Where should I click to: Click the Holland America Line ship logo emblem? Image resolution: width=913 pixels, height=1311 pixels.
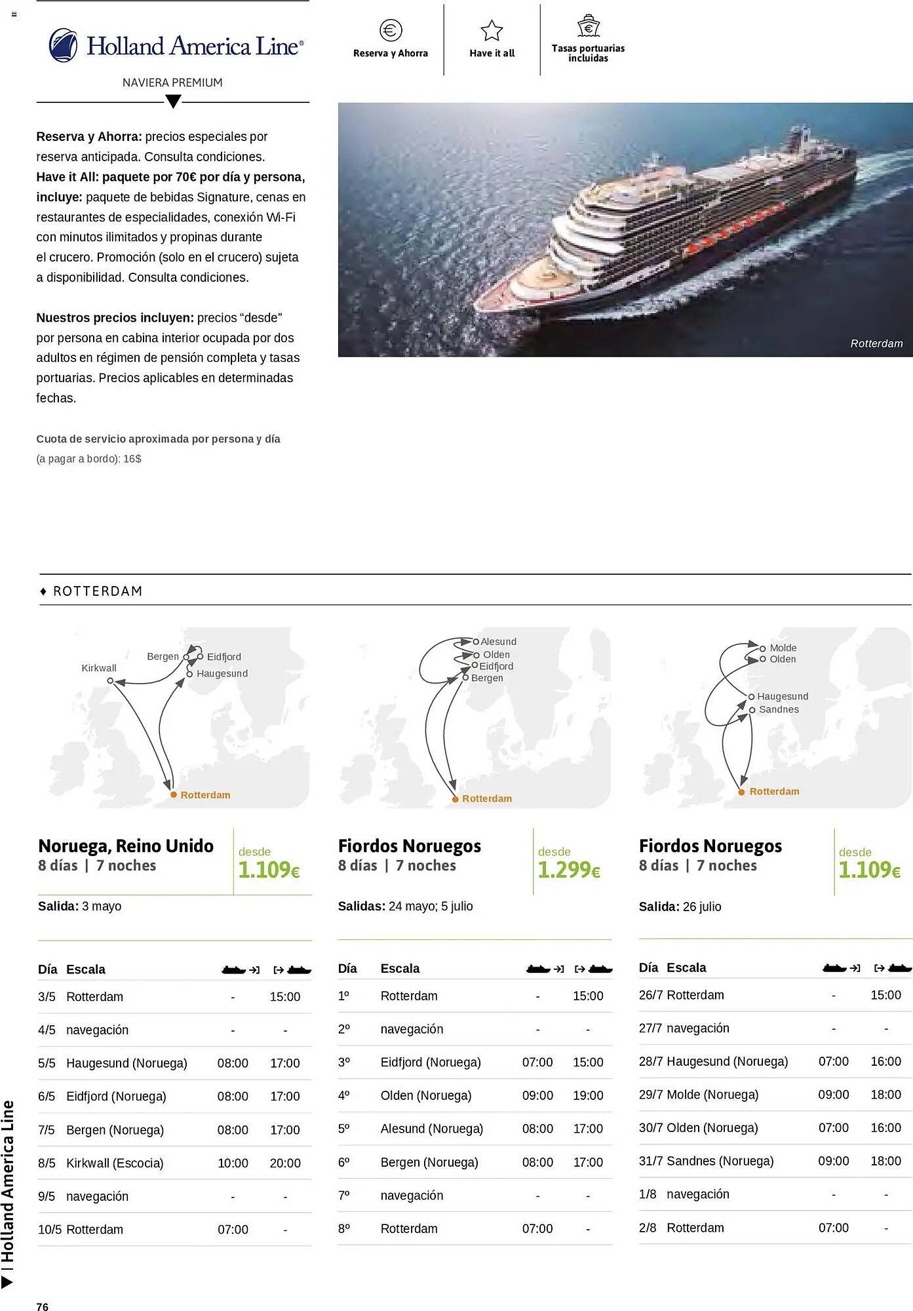pyautogui.click(x=64, y=45)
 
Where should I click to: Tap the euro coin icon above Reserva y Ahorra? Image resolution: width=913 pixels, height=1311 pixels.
pyautogui.click(x=391, y=30)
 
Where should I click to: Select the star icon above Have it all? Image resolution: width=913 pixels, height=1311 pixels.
pyautogui.click(x=492, y=30)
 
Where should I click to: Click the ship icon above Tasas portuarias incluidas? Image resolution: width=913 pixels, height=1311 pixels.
pyautogui.click(x=588, y=26)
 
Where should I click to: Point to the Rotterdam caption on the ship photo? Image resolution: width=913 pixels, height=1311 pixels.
pyautogui.click(x=876, y=343)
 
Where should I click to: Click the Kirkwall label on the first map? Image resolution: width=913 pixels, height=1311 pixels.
pyautogui.click(x=99, y=668)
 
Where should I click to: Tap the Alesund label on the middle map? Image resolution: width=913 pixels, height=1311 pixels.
pyautogui.click(x=498, y=642)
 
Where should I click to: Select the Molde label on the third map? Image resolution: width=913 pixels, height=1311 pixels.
pyautogui.click(x=783, y=648)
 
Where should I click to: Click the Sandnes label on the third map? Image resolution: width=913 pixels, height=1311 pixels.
pyautogui.click(x=779, y=709)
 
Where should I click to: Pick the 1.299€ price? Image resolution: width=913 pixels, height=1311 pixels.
pyautogui.click(x=568, y=870)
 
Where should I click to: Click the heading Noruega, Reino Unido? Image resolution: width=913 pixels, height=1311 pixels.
pyautogui.click(x=126, y=846)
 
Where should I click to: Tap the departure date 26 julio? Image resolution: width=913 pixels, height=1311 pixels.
pyautogui.click(x=701, y=907)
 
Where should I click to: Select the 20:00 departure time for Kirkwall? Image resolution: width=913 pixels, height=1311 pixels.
pyautogui.click(x=285, y=1163)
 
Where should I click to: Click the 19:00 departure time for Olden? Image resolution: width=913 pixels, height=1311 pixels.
pyautogui.click(x=588, y=1095)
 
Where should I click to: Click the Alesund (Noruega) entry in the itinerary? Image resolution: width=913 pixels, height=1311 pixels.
pyautogui.click(x=431, y=1129)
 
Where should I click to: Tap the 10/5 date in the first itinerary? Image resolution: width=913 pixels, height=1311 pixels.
pyautogui.click(x=50, y=1229)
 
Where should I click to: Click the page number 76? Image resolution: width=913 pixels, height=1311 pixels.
pyautogui.click(x=43, y=1306)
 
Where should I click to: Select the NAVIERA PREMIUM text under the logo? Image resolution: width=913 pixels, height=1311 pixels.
pyautogui.click(x=172, y=83)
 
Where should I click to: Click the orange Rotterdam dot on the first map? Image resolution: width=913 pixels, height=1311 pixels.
pyautogui.click(x=174, y=794)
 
